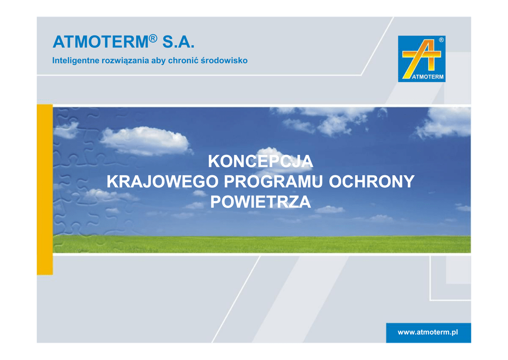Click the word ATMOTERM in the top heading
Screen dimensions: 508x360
tap(100, 42)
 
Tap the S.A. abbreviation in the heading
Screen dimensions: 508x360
tap(178, 42)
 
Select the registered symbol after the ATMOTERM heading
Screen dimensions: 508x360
tap(153, 38)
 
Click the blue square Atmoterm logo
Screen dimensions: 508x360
tap(422, 59)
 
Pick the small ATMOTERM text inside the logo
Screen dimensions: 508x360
tap(428, 77)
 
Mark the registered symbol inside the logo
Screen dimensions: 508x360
tap(441, 40)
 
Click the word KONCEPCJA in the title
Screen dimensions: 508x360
tap(260, 161)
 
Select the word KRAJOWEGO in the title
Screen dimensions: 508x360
tap(163, 181)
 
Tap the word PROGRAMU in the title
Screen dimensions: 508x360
tap(273, 181)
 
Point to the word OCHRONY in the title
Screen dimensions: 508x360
tap(372, 181)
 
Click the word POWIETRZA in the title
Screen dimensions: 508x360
tap(260, 202)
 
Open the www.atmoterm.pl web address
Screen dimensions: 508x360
tap(428, 332)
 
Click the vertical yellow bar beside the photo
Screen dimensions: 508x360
tap(45, 189)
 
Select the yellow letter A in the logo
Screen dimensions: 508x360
tap(421, 59)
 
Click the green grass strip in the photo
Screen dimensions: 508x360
tap(262, 244)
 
